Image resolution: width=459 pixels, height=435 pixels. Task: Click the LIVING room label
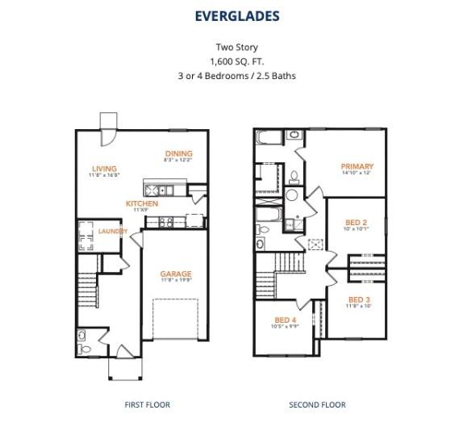click(x=103, y=169)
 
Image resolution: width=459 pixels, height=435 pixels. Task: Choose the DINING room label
click(x=178, y=153)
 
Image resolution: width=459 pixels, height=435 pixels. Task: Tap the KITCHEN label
click(x=142, y=203)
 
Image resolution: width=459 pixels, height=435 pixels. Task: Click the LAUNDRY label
click(x=113, y=232)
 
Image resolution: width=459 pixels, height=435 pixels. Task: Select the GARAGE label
click(x=175, y=274)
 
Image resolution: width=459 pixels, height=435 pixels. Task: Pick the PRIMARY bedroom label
click(x=357, y=166)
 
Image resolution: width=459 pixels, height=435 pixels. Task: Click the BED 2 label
click(x=356, y=222)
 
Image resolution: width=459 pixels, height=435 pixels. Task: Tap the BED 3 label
click(x=359, y=299)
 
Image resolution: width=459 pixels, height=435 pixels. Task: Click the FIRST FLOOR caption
click(x=147, y=404)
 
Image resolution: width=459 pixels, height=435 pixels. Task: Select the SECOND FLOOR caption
click(x=317, y=404)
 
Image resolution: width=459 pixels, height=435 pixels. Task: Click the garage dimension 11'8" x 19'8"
click(x=175, y=281)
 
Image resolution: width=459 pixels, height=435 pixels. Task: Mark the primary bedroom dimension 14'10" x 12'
click(x=357, y=174)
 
